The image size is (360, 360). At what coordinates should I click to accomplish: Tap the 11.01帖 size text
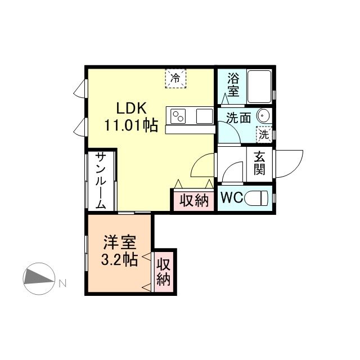(130, 125)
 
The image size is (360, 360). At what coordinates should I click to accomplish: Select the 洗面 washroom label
(238, 118)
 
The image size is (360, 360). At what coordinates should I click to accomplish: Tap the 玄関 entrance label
(259, 163)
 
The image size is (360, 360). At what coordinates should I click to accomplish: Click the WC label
(231, 198)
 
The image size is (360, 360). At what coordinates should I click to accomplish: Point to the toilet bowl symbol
(259, 198)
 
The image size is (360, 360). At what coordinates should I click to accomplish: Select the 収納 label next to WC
(194, 200)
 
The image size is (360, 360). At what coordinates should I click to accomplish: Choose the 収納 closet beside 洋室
(164, 272)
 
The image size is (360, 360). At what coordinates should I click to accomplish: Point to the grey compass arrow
(38, 277)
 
